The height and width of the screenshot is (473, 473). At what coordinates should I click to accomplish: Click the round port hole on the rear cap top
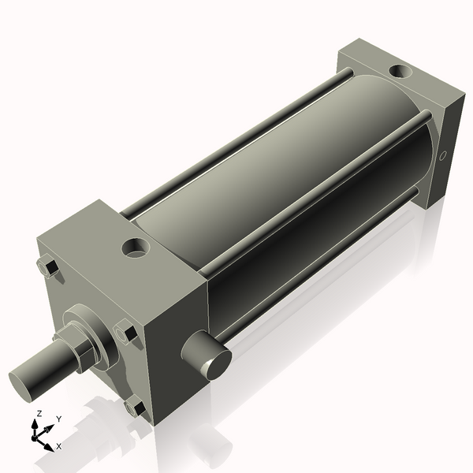pyautogui.click(x=400, y=72)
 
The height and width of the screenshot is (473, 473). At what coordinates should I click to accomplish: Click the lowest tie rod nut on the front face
pyautogui.click(x=135, y=408)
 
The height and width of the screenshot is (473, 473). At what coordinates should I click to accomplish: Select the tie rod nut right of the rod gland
pyautogui.click(x=126, y=333)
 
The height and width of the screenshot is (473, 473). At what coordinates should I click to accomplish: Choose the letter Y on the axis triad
pyautogui.click(x=58, y=419)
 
